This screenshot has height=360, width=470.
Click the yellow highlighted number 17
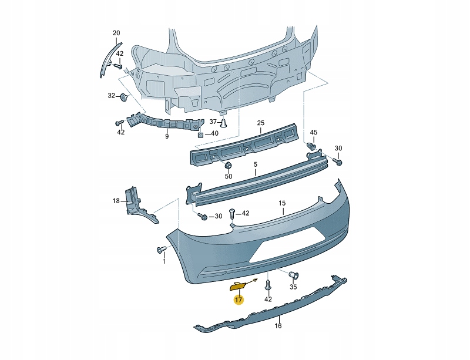tap(239, 300)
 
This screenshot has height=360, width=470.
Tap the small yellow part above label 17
tap(239, 287)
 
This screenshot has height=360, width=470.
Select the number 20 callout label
tap(116, 33)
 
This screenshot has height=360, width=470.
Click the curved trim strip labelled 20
tap(109, 59)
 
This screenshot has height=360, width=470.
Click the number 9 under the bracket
tap(167, 136)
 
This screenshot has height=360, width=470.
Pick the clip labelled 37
tap(224, 122)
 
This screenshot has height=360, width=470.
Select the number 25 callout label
tap(261, 123)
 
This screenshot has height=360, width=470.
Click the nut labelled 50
tap(228, 165)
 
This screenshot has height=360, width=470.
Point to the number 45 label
tap(313, 132)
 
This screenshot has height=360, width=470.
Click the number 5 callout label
tap(256, 164)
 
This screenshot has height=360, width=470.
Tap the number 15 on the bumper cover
tap(282, 203)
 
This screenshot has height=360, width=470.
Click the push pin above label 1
tap(162, 250)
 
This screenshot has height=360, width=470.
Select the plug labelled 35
tap(293, 274)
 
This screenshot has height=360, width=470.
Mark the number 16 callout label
tap(278, 326)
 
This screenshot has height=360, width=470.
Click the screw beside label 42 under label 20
tap(117, 66)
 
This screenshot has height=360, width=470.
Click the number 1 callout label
tap(164, 262)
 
